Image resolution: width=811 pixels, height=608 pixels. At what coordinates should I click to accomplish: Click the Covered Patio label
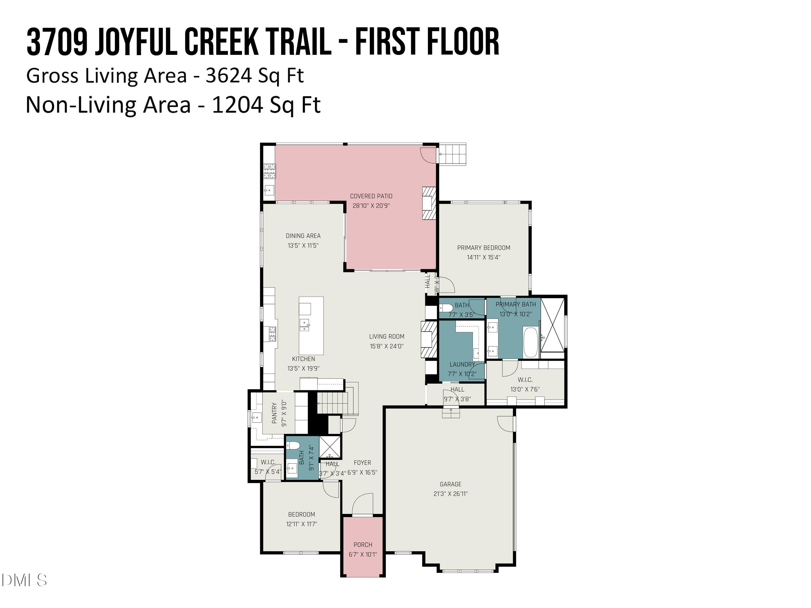[x=371, y=196]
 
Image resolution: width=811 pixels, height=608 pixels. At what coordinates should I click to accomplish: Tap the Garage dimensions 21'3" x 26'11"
[x=451, y=494]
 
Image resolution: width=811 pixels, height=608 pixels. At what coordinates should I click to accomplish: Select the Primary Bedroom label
[x=483, y=248]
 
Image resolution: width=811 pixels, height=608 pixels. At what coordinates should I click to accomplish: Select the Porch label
[x=363, y=544]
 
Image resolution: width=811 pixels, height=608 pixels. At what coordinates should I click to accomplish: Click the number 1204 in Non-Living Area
[x=237, y=105]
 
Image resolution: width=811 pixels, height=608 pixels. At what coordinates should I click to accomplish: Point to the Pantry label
[x=274, y=413]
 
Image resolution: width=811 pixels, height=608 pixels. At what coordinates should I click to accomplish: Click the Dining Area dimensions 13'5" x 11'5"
[x=303, y=246]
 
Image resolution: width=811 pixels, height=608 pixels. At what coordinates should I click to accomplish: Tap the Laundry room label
[x=462, y=364]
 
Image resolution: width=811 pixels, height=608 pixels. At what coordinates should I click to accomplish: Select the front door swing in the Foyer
[x=362, y=504]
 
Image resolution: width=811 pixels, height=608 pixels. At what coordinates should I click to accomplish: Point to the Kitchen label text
[x=303, y=359]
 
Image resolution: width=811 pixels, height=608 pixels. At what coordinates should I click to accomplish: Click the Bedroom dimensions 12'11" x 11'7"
[x=301, y=524]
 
